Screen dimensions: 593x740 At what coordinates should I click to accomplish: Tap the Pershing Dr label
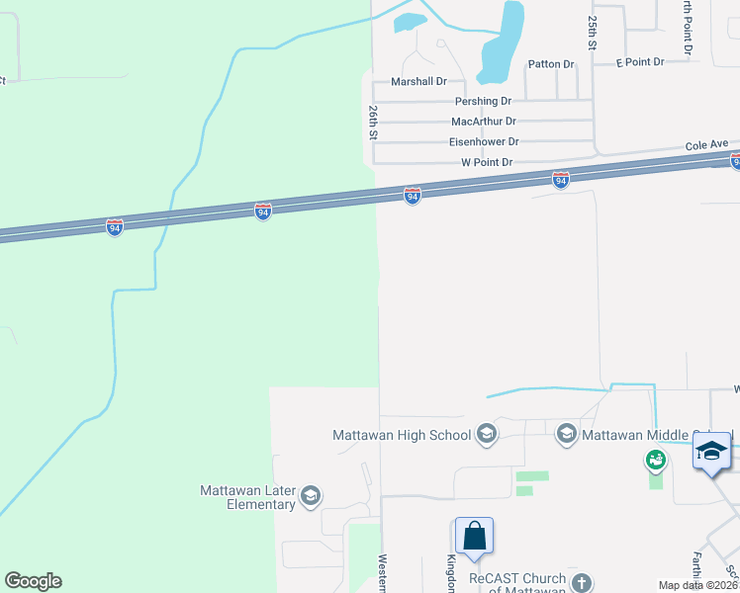[483, 102]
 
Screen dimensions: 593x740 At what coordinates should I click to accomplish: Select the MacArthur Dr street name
[485, 122]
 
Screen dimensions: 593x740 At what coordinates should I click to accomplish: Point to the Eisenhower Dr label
[484, 142]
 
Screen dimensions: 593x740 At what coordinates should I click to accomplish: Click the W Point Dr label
[487, 162]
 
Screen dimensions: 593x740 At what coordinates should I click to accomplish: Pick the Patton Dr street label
[551, 64]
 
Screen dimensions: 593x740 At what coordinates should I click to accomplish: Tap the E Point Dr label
[639, 62]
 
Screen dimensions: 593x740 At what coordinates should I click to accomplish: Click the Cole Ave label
[706, 144]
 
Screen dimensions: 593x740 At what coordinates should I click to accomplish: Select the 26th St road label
[374, 123]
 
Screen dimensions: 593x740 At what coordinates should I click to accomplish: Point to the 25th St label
[593, 33]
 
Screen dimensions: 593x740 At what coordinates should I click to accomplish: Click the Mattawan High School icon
[486, 434]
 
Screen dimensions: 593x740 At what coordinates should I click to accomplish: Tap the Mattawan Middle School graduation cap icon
[566, 434]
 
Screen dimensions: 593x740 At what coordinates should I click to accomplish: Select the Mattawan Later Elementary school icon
[310, 496]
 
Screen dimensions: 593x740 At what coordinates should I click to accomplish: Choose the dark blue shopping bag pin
[474, 536]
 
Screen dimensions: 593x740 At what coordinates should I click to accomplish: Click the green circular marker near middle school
[655, 460]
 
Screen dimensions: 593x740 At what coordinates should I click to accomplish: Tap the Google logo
[33, 581]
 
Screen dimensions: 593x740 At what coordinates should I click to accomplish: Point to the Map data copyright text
[698, 585]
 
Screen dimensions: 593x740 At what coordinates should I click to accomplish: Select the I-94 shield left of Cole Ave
[560, 180]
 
